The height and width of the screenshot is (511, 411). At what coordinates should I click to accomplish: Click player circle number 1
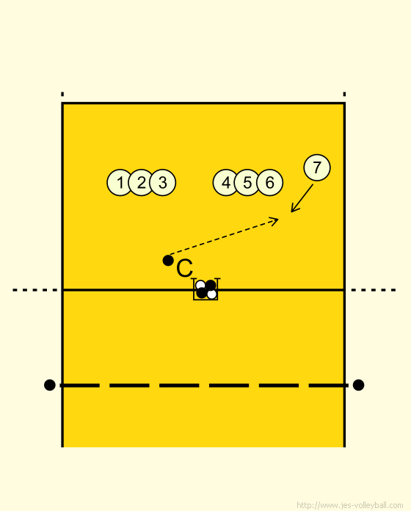(120, 183)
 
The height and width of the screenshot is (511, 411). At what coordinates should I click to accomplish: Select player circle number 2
(142, 183)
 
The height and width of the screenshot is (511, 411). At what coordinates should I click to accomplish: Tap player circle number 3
(163, 183)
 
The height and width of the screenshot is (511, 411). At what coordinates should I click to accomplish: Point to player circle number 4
(226, 183)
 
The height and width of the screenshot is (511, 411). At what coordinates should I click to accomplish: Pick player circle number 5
(247, 183)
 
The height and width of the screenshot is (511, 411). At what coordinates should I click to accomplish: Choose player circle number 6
(269, 183)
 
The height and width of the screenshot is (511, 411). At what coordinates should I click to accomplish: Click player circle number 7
(317, 167)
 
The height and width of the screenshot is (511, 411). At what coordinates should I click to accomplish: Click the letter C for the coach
(184, 269)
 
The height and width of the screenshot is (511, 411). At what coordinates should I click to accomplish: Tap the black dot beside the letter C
(168, 261)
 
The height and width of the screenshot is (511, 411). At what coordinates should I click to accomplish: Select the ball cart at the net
(205, 289)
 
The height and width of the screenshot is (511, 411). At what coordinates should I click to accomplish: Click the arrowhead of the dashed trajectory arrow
(276, 221)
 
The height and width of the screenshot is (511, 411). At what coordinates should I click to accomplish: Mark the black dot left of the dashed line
(49, 385)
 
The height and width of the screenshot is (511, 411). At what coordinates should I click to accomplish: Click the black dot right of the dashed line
(358, 385)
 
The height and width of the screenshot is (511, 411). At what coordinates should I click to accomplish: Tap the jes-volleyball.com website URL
(350, 505)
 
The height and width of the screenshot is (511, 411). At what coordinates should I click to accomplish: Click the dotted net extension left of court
(34, 290)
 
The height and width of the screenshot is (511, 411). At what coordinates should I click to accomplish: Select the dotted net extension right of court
(374, 290)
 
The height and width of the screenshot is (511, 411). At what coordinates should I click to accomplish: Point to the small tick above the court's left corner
(62, 94)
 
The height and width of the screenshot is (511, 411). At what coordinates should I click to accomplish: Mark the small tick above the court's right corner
(344, 94)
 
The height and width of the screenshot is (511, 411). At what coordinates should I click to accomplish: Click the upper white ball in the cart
(200, 285)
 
